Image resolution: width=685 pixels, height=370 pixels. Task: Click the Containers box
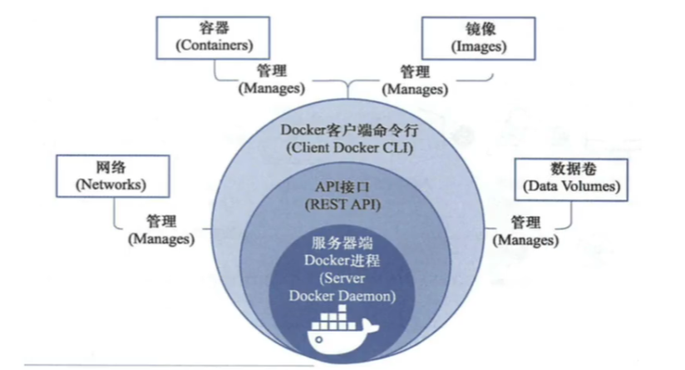[x=214, y=36]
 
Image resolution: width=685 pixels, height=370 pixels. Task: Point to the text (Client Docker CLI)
[x=343, y=149]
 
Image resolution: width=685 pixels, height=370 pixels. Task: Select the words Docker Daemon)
[x=344, y=295]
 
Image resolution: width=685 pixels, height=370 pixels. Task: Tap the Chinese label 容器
[x=214, y=27]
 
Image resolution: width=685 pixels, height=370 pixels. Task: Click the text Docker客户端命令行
[x=343, y=131]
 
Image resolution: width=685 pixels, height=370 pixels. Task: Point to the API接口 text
[x=344, y=186]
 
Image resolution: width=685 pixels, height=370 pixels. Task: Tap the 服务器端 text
[x=344, y=243]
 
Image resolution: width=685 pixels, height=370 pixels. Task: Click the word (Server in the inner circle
[x=344, y=278]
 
